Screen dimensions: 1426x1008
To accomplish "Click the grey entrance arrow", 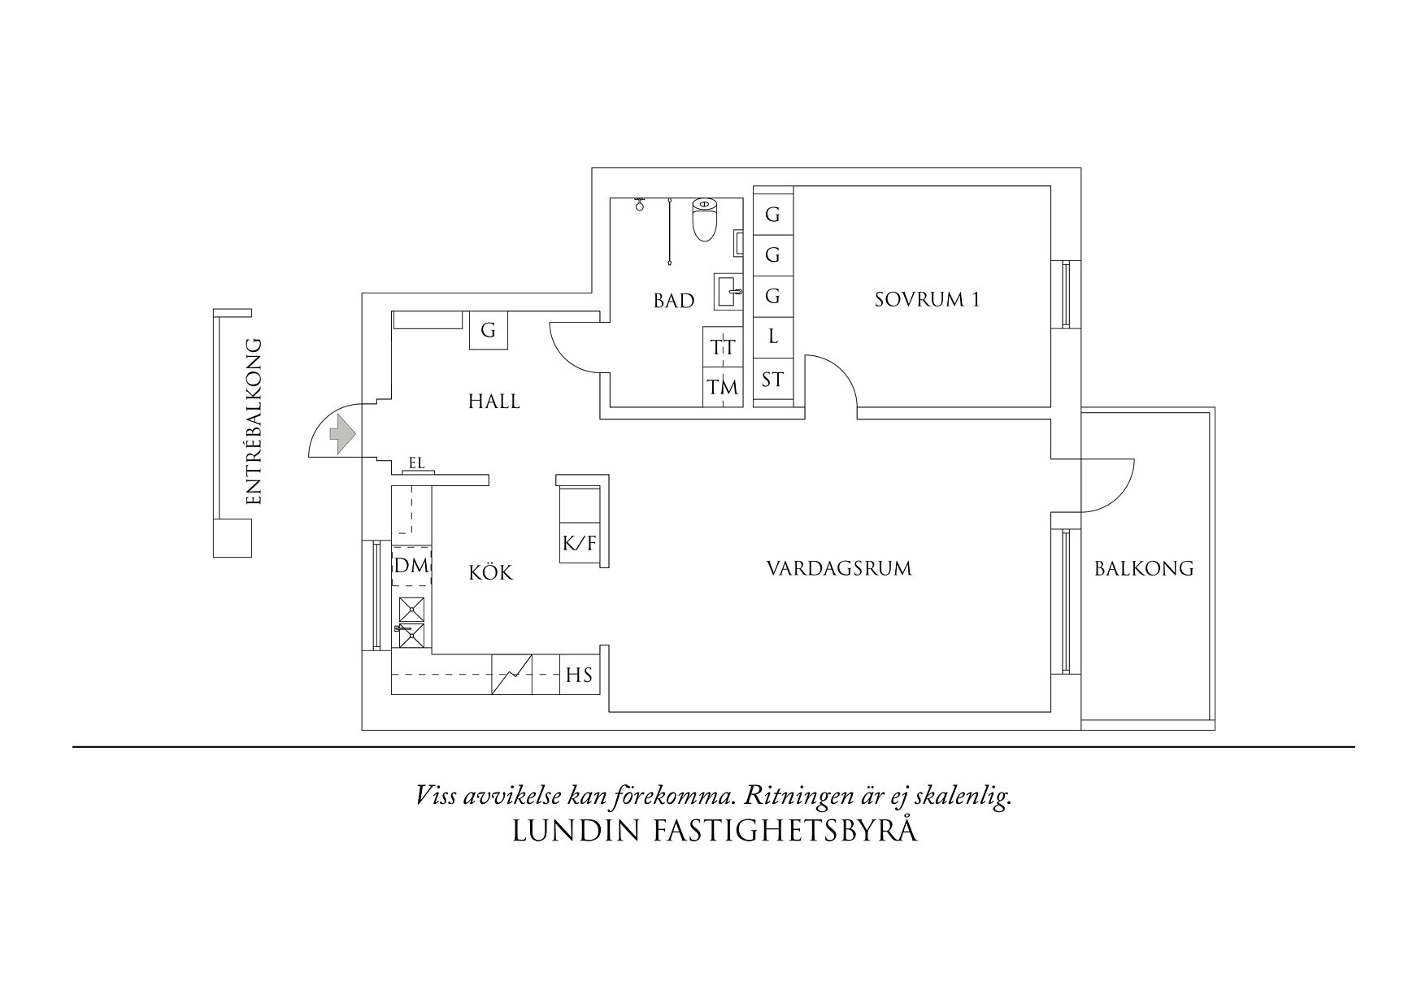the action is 342,434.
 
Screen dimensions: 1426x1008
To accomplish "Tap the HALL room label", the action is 494,401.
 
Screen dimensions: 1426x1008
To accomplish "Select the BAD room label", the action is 674,301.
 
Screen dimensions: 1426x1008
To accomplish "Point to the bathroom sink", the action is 729,291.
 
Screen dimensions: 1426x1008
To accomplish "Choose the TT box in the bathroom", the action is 723,348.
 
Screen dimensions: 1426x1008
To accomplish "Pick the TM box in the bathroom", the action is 723,388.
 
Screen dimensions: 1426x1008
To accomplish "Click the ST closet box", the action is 773,379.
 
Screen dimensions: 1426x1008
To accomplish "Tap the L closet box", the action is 773,336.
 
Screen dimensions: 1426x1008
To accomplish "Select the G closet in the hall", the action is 489,331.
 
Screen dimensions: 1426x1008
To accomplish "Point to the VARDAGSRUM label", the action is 839,568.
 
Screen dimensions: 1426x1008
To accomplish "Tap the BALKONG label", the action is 1144,569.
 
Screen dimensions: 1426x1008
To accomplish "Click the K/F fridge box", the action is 580,543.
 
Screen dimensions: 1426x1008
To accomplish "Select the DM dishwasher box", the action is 411,566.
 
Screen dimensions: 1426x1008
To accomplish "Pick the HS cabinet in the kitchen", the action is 580,675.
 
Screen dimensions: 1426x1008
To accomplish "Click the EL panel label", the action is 417,464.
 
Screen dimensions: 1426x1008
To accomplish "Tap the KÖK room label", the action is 491,573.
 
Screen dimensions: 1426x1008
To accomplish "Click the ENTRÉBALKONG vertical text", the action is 254,421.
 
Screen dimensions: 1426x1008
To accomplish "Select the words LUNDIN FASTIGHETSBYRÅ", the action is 715,832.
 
